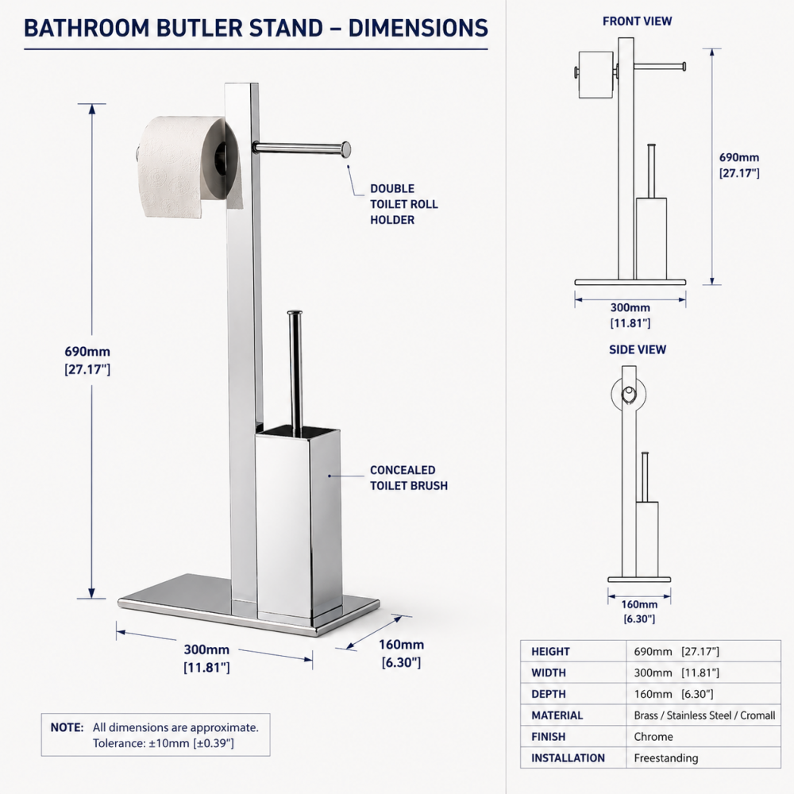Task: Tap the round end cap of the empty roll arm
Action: click(x=345, y=148)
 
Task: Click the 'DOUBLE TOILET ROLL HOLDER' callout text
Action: click(x=403, y=204)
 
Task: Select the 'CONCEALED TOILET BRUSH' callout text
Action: click(x=408, y=477)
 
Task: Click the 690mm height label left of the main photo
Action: click(x=87, y=360)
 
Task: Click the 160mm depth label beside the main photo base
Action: click(x=401, y=653)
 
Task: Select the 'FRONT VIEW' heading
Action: click(x=637, y=21)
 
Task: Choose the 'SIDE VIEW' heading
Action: click(x=638, y=349)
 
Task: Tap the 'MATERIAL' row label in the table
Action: click(x=557, y=715)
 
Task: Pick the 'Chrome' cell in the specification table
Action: click(x=653, y=737)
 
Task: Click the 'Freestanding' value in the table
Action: click(x=665, y=758)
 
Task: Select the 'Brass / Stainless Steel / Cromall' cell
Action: click(x=704, y=715)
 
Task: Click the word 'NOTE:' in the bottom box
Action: click(x=67, y=727)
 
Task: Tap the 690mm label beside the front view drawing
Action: click(x=739, y=164)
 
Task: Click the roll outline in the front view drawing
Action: click(x=595, y=75)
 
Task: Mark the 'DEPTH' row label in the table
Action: click(x=549, y=694)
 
